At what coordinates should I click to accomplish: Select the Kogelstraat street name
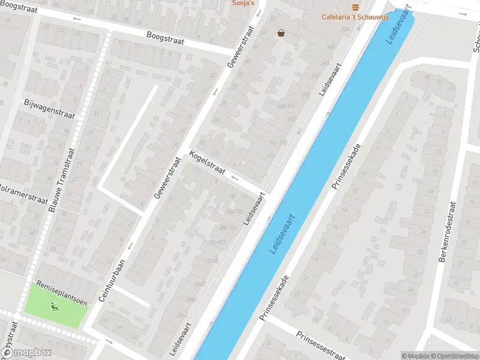[206, 163]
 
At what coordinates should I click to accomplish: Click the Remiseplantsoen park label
[62, 293]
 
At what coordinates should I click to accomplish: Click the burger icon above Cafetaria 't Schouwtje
[356, 7]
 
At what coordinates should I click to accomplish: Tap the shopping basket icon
[281, 33]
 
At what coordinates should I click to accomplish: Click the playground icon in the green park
[55, 308]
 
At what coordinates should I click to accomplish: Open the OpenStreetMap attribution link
[454, 356]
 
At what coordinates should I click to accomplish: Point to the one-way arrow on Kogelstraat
[235, 178]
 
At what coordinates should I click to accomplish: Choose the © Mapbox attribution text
[416, 356]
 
